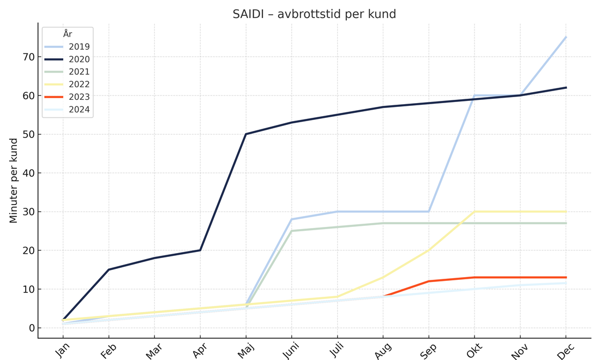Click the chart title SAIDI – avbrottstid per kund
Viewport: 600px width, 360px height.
(x=314, y=14)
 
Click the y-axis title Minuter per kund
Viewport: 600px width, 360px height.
(x=14, y=181)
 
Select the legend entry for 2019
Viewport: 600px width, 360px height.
(x=67, y=47)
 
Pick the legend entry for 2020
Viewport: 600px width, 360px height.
(x=67, y=59)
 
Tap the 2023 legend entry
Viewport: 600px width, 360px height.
(x=67, y=97)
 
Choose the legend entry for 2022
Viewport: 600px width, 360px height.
(x=67, y=84)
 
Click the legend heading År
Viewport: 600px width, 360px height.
(x=68, y=34)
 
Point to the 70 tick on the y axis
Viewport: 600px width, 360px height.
(x=29, y=57)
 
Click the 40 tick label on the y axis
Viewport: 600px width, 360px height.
(x=29, y=173)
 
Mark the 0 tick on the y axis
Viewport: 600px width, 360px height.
(x=32, y=328)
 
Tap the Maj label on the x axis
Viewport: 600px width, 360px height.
(x=245, y=350)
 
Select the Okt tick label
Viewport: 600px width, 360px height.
(x=475, y=350)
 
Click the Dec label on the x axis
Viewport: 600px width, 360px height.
(x=566, y=350)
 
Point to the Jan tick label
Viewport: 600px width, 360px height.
(x=62, y=350)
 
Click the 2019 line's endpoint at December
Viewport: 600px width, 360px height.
(x=566, y=37)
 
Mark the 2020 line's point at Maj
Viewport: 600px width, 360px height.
(x=245, y=134)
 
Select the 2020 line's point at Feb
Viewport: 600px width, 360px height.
(x=109, y=269)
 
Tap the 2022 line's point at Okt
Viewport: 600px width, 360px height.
(x=475, y=212)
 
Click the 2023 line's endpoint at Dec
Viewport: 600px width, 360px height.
(x=566, y=278)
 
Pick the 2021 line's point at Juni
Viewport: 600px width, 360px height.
(x=292, y=231)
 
